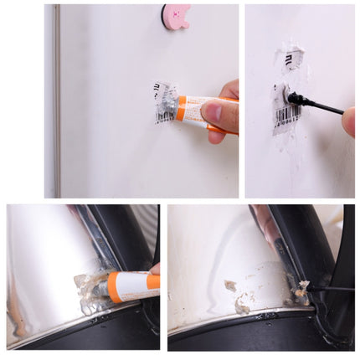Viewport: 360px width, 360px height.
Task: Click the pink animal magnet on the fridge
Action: click(x=177, y=17)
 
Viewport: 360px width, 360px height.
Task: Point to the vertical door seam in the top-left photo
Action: click(x=57, y=100)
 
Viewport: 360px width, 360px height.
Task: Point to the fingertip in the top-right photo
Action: click(x=349, y=121)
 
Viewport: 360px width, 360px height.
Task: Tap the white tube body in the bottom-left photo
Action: click(x=134, y=285)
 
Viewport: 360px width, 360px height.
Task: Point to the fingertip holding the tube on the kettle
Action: click(x=156, y=270)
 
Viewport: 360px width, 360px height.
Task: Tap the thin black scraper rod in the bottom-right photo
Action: click(x=331, y=288)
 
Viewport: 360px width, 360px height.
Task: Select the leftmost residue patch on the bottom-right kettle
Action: click(x=229, y=285)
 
